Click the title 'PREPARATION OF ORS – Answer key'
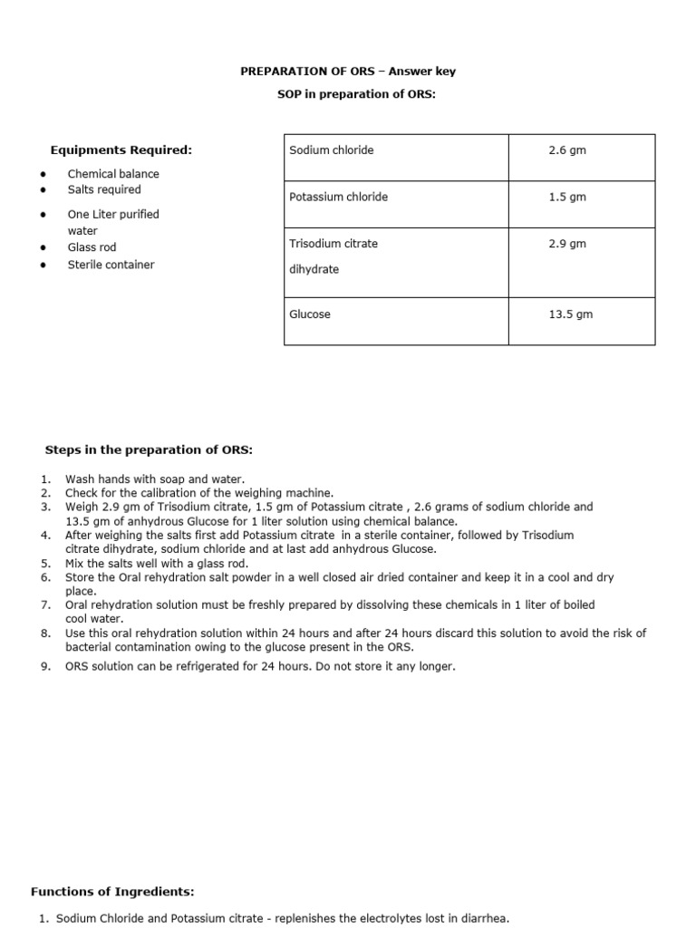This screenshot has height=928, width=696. [354, 72]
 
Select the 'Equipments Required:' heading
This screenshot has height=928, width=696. [121, 150]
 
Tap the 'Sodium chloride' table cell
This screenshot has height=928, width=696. [331, 150]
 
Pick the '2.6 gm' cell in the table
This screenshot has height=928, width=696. [567, 150]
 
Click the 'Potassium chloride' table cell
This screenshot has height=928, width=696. [338, 197]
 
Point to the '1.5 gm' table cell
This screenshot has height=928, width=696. [567, 197]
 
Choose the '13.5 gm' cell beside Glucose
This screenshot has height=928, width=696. [570, 314]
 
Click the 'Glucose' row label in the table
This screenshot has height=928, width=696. [310, 314]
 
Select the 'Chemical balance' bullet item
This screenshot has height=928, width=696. [113, 174]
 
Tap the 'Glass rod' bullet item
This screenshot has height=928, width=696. [92, 247]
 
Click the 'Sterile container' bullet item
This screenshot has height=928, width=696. [111, 265]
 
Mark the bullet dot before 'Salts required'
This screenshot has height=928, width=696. [43, 190]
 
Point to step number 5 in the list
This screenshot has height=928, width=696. [45, 564]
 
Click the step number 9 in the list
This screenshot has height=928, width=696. [45, 667]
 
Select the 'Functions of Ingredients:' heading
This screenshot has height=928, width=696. [112, 892]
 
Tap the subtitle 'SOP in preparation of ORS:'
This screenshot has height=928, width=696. [356, 94]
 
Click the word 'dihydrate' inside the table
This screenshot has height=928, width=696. [314, 269]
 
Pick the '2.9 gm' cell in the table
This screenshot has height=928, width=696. [567, 244]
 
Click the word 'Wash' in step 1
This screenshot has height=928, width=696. [79, 479]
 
